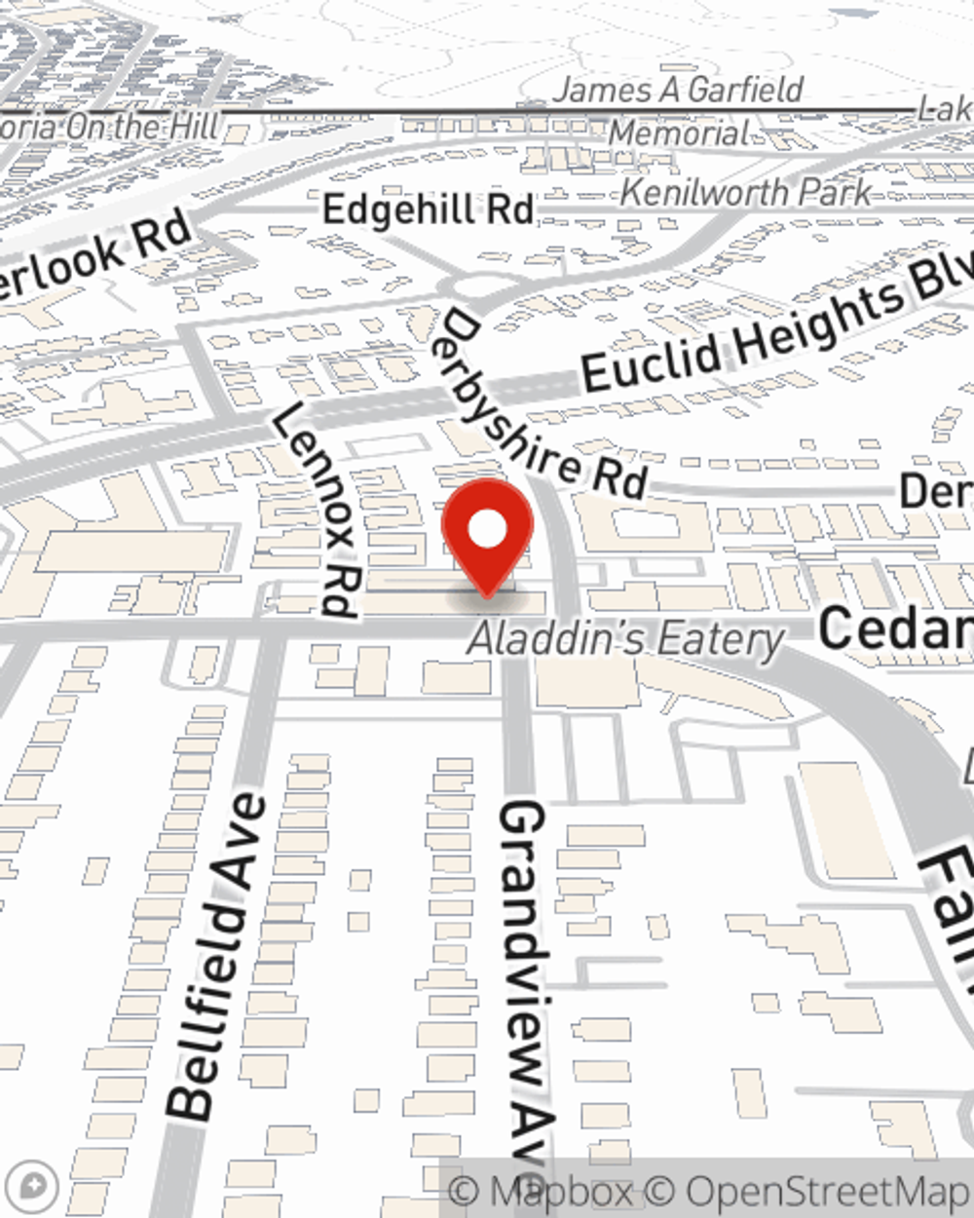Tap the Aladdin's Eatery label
pos(625,640)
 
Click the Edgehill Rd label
pos(429,209)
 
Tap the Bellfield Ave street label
pos(216,958)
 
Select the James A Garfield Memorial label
pos(679,109)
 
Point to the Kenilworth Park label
pos(745,193)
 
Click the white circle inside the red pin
pos(487,530)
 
